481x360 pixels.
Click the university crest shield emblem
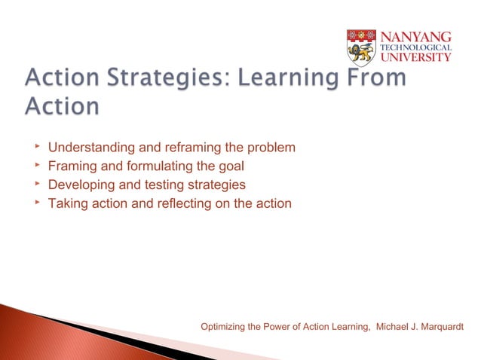click(361, 47)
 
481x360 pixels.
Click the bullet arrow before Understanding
click(35, 146)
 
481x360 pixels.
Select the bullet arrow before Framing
click(35, 165)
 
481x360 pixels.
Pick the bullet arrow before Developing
click(35, 184)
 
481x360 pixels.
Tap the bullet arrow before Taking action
click(35, 203)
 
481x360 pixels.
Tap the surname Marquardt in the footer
click(437, 326)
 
